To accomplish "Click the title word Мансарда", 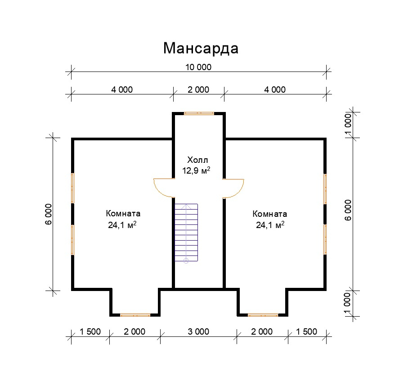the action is coord(201,48).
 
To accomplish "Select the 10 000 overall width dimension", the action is coord(198,67).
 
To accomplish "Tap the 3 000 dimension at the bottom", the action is coord(198,331).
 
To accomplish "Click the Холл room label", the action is coord(197,160).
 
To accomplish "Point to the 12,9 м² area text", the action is coord(196,170).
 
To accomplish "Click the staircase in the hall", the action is coord(186,233).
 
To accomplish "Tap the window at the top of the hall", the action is coord(199,113).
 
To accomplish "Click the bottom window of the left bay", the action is coord(135,315).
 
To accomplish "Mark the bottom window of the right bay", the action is coord(263,315).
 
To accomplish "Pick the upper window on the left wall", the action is coord(72,188).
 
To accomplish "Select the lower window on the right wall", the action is coord(325,240).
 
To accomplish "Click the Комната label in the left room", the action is coord(123,214).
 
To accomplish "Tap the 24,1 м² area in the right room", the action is coord(270,225).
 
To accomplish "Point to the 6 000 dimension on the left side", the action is coord(49,214).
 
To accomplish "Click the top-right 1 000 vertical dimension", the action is coord(348,125).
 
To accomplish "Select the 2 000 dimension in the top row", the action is coord(198,90).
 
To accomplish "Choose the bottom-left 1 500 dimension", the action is coord(90,331).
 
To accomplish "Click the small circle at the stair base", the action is coord(186,261).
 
